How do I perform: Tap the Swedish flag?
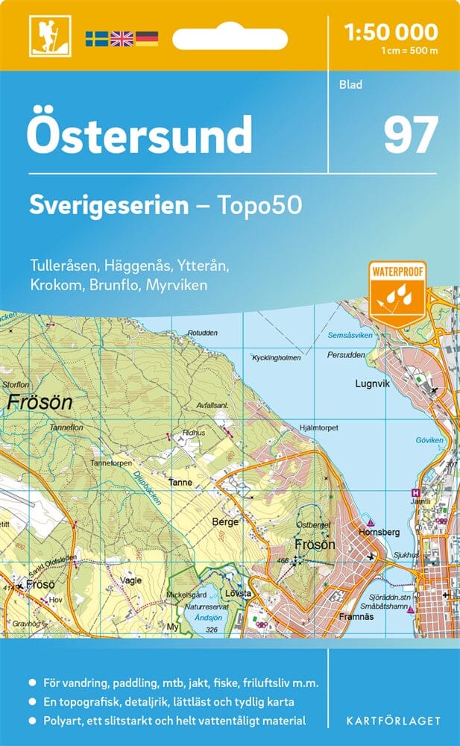(96, 39)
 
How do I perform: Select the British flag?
(121, 39)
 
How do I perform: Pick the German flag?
(146, 39)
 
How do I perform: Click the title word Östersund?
(139, 135)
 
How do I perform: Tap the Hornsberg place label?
(379, 532)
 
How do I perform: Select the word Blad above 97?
(350, 84)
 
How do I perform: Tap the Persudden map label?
(349, 355)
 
